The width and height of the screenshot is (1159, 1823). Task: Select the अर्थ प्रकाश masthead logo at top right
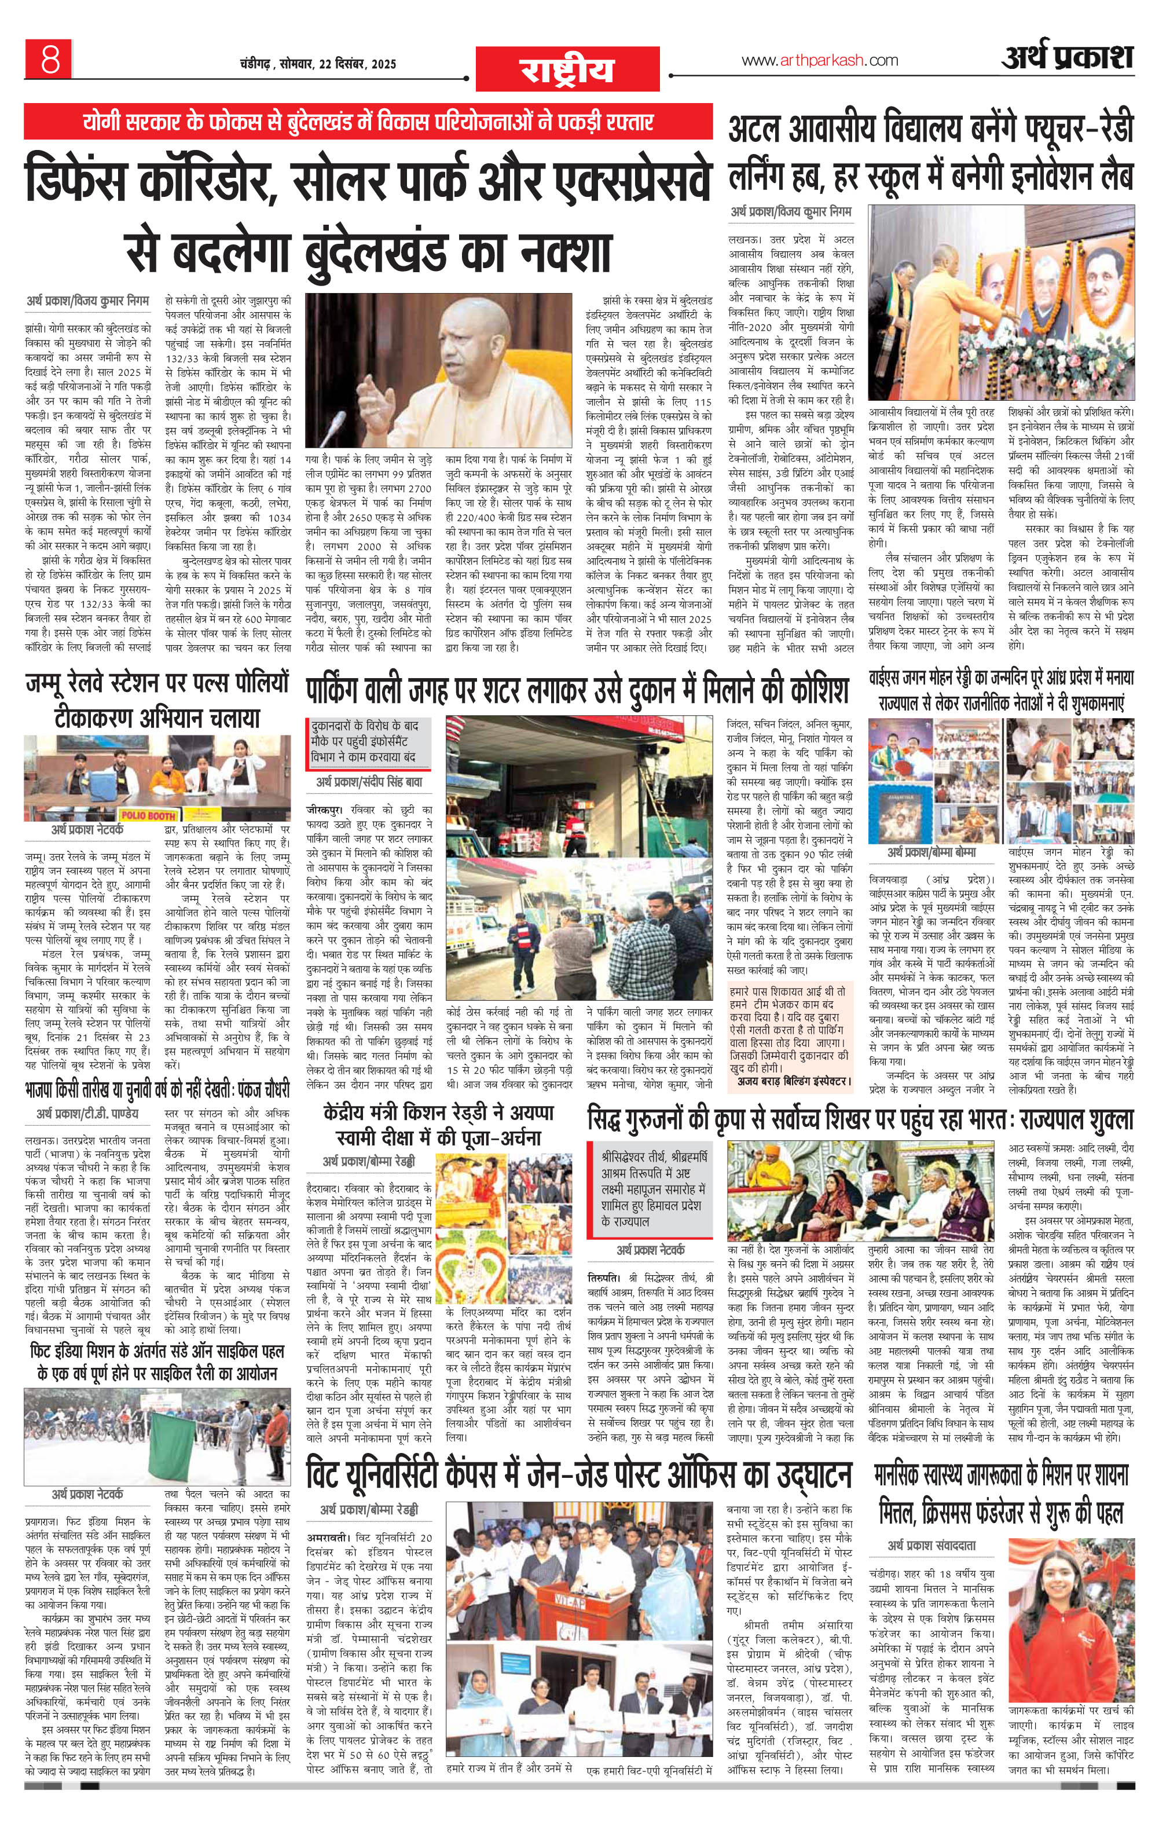[x=1068, y=57]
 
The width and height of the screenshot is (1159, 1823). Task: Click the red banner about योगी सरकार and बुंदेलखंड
[x=369, y=122]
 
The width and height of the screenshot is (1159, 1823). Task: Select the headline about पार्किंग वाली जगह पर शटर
[x=578, y=690]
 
